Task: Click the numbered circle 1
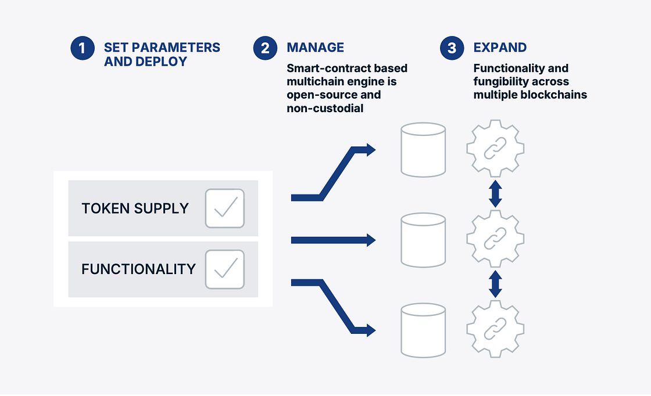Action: (83, 48)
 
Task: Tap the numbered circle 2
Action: (265, 48)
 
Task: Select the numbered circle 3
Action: (452, 48)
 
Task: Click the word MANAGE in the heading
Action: (316, 48)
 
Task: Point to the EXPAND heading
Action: (500, 48)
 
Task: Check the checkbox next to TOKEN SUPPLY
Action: (224, 208)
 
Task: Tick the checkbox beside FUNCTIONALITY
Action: (224, 269)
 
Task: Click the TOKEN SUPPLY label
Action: (135, 208)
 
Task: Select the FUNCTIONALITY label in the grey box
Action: (138, 269)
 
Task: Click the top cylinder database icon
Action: (423, 150)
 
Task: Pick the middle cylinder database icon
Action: (423, 240)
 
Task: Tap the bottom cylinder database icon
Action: (423, 330)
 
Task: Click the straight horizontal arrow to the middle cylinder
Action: (334, 240)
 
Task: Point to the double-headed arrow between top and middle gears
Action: (495, 194)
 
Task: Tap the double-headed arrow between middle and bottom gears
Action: (495, 284)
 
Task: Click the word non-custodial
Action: (325, 108)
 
